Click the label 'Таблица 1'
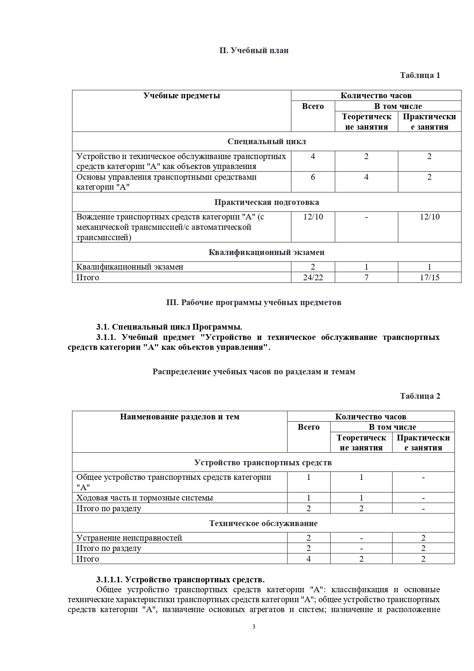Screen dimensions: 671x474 tap(420, 75)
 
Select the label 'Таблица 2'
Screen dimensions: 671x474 tap(420, 396)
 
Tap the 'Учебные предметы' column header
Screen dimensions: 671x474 tap(182, 96)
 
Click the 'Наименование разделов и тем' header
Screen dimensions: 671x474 tap(180, 417)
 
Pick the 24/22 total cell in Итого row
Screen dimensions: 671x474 tap(313, 278)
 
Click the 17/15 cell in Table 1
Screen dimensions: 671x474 tap(429, 278)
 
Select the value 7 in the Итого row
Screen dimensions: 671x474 tap(366, 278)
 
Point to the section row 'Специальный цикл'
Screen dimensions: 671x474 tap(266, 141)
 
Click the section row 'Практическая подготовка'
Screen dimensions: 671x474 tap(266, 202)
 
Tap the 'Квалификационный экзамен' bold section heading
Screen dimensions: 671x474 tap(266, 252)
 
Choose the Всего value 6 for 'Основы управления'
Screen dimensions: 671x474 tap(313, 177)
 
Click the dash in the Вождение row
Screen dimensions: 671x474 tap(366, 217)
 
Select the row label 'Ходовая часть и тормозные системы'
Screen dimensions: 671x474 tap(144, 498)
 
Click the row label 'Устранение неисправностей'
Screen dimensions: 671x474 tap(129, 538)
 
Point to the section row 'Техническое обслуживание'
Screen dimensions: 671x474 tap(263, 523)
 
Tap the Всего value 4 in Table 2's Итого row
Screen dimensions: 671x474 tap(308, 559)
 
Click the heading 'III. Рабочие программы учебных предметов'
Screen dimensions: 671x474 tap(254, 302)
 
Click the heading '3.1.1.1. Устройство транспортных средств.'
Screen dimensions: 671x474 tap(180, 580)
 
